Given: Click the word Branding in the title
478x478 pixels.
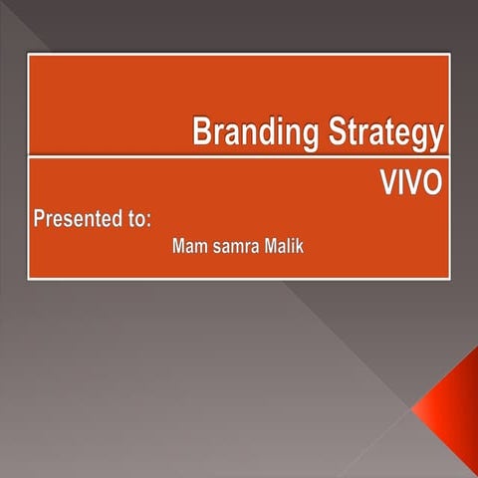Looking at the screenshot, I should point(249,131).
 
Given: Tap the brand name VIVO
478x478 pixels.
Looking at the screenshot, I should point(410,185).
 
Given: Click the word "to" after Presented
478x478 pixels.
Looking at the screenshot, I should point(138,219).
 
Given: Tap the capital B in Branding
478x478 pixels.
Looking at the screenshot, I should point(201,130).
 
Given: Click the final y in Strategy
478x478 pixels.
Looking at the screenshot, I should point(436,135).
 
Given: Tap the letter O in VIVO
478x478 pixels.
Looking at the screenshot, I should point(432,185).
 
